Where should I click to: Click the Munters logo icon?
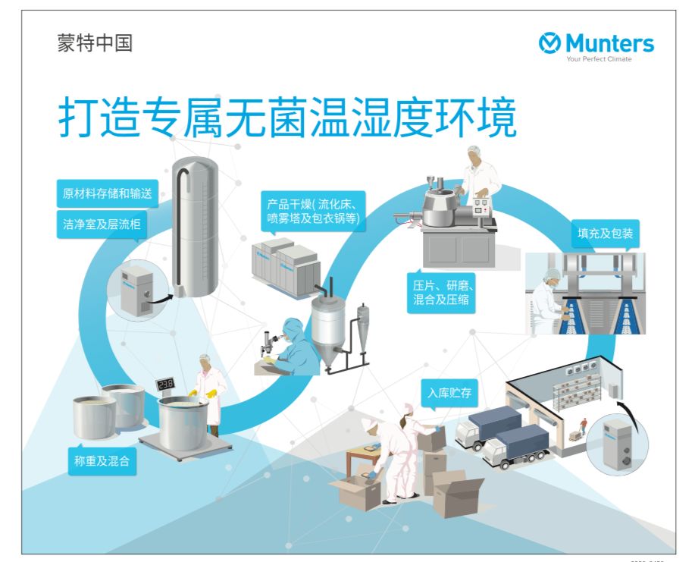pos(549,44)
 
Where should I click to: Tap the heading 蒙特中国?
pos(95,43)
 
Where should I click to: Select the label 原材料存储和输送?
pos(107,193)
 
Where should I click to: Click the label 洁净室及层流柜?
pos(102,224)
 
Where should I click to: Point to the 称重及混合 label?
pos(102,460)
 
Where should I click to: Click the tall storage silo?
pos(195,228)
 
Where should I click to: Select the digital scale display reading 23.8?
pos(167,384)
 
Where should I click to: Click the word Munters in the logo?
pos(609,43)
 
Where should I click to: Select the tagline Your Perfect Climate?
pos(599,59)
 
